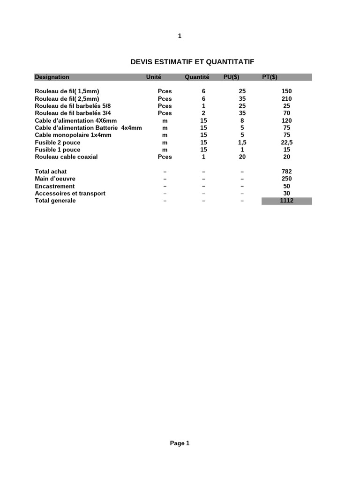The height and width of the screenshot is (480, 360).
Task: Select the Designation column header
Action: click(52, 77)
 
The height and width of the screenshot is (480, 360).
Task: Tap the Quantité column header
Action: click(197, 77)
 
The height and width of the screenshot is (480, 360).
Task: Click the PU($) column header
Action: click(232, 77)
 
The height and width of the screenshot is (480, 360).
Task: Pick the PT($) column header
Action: click(270, 77)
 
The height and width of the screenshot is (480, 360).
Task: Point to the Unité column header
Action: click(154, 77)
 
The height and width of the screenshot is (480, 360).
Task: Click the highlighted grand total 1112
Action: click(286, 201)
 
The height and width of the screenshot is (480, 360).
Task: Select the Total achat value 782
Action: click(286, 172)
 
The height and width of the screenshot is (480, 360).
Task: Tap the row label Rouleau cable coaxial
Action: click(66, 157)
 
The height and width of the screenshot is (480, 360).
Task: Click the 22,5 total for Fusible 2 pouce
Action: click(286, 142)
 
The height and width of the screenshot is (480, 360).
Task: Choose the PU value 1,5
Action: click(242, 142)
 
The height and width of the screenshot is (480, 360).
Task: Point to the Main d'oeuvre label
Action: click(55, 179)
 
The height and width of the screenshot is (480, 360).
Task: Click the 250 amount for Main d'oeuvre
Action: click(286, 179)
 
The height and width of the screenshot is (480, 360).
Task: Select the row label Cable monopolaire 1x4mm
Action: click(73, 135)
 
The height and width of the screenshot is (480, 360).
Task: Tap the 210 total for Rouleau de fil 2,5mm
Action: click(286, 98)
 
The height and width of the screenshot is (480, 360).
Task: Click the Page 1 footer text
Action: click(180, 443)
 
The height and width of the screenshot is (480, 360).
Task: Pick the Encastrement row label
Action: click(55, 186)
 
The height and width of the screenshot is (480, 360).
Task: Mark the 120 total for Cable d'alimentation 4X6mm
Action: click(286, 120)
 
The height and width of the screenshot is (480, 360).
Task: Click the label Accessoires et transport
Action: click(70, 193)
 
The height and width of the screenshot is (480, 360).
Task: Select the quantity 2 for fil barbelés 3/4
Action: click(203, 113)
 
